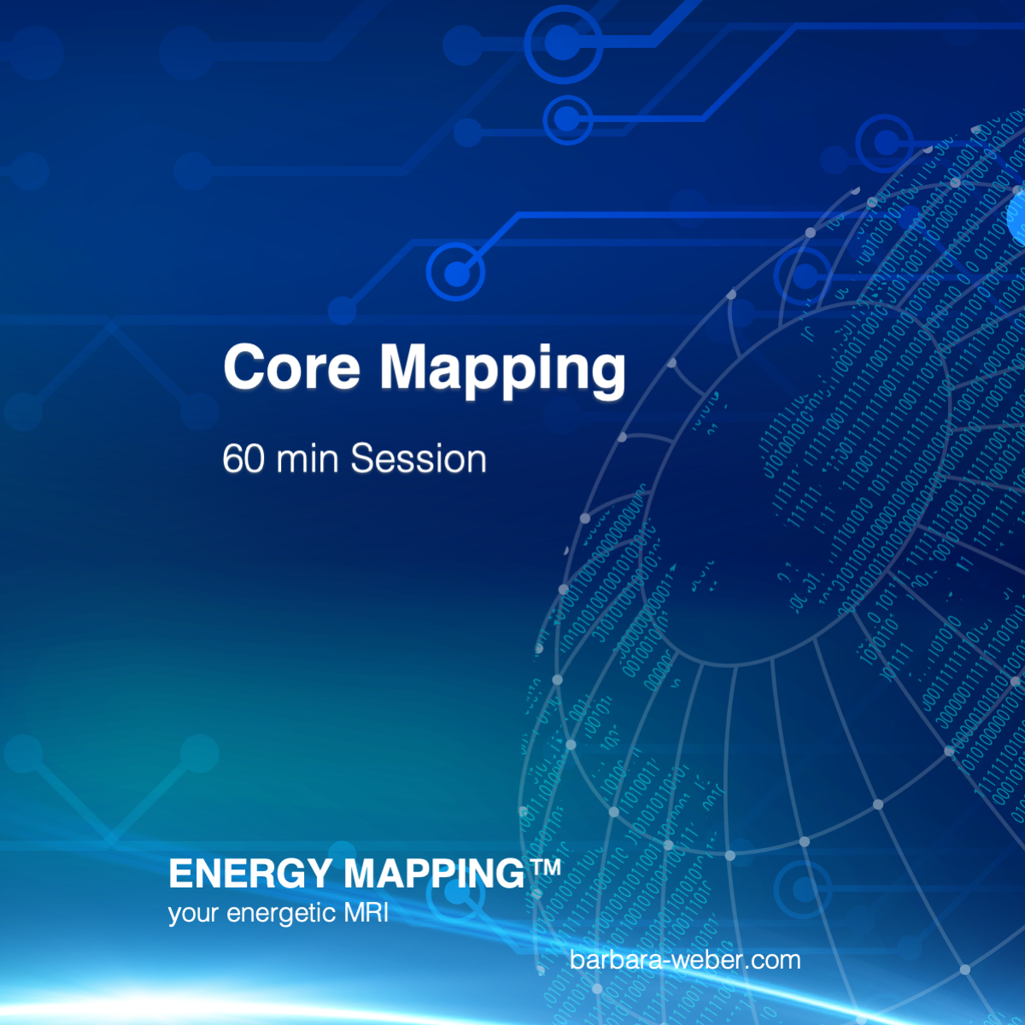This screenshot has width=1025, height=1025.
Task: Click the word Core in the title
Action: tap(292, 367)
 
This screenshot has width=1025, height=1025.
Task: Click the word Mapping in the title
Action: tap(502, 371)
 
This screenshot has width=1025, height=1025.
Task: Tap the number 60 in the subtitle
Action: tap(243, 458)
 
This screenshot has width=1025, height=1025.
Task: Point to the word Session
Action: tap(419, 458)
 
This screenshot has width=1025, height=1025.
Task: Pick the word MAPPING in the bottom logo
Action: tap(435, 874)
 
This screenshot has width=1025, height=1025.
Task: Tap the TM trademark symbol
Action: tap(544, 866)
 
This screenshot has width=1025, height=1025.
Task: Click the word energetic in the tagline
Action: tap(281, 914)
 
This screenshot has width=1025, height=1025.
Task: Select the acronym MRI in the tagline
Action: tap(366, 913)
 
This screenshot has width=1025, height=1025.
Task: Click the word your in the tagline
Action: tap(194, 916)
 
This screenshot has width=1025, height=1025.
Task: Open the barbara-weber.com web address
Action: tap(685, 960)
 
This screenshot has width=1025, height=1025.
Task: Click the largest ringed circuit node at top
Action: tap(563, 44)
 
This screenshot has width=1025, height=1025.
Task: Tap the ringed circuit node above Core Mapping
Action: tap(456, 272)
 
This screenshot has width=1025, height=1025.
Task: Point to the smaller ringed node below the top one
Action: tap(567, 120)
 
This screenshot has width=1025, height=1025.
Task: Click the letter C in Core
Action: tap(243, 367)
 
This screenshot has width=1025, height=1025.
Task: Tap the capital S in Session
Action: tap(363, 458)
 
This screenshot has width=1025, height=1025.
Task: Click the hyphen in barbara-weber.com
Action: tap(664, 963)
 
